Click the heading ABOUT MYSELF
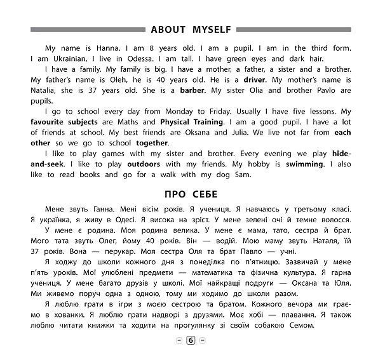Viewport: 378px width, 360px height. click(189, 29)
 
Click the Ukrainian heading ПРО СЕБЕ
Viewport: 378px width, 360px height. click(189, 192)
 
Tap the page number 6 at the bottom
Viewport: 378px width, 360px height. click(189, 341)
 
